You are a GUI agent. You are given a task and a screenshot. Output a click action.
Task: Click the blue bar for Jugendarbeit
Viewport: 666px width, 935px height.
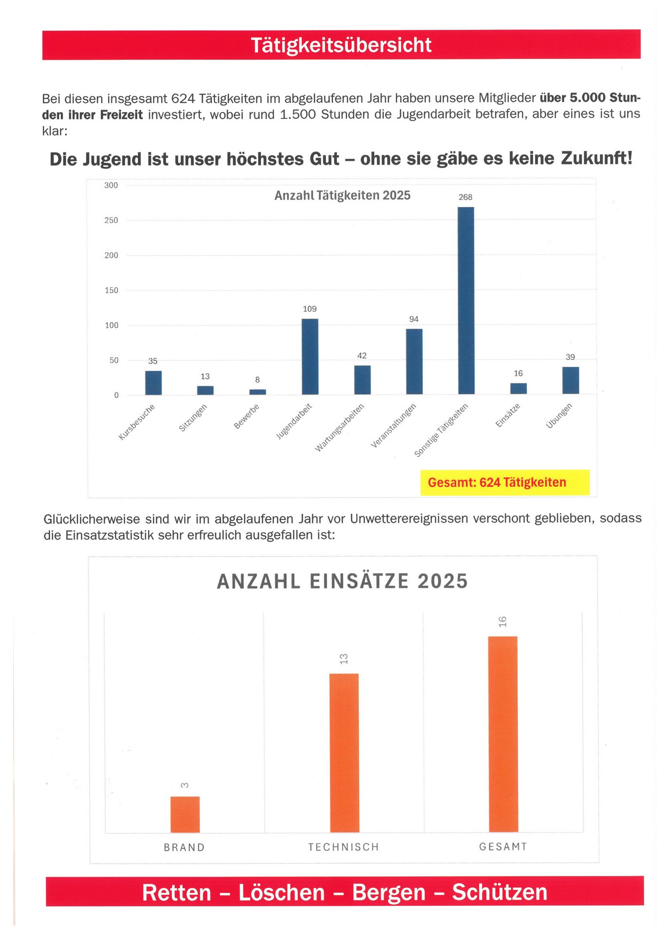point(310,356)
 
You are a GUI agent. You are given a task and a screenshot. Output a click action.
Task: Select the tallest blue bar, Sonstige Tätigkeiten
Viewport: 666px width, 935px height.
point(466,300)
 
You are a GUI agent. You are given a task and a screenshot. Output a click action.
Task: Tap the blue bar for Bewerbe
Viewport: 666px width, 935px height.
point(258,392)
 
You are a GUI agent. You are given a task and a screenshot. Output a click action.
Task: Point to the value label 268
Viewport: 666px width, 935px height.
point(465,197)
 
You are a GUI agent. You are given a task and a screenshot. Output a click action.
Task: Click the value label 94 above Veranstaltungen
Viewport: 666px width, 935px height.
point(414,319)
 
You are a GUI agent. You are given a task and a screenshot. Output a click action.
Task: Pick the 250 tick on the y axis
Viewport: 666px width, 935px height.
point(111,221)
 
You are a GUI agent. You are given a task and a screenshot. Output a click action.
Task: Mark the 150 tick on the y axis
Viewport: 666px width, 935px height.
point(111,290)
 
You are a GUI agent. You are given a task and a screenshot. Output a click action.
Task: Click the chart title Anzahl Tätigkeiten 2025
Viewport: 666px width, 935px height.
point(342,195)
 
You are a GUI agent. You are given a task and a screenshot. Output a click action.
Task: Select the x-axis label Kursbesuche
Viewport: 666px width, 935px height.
point(137,422)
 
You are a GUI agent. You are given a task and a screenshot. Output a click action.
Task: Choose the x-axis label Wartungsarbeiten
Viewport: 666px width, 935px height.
point(339,428)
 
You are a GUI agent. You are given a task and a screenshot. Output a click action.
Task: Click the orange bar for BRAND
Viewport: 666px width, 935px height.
point(185,814)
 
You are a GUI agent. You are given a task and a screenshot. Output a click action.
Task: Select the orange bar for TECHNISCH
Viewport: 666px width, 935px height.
point(344,753)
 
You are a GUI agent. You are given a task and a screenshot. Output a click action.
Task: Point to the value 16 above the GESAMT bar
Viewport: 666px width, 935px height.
point(502,621)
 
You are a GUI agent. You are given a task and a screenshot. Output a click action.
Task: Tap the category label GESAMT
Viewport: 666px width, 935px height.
point(503,847)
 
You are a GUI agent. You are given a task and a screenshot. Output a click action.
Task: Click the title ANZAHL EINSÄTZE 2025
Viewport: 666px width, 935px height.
point(342,581)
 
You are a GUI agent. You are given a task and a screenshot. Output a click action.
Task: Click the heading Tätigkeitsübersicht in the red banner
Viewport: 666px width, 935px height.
point(341,45)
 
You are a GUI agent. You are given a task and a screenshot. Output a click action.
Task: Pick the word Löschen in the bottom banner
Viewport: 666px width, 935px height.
point(281,893)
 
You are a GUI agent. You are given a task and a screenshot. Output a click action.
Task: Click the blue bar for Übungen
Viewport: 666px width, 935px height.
point(571,380)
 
